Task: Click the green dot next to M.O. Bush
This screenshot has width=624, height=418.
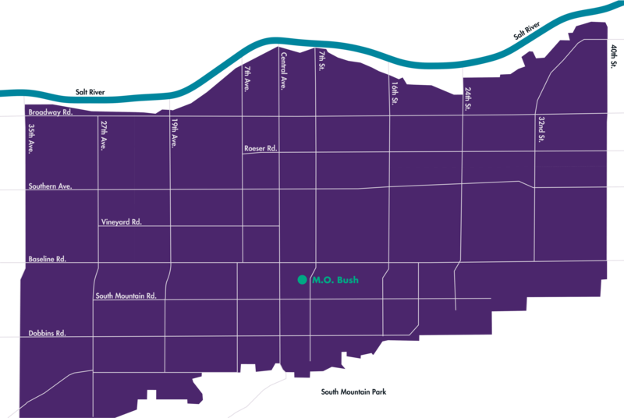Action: click(301, 280)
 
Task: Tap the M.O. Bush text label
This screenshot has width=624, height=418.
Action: click(335, 280)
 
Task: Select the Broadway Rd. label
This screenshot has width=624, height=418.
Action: click(50, 112)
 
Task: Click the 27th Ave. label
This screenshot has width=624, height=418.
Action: click(103, 134)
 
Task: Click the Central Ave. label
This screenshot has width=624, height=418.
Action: click(284, 70)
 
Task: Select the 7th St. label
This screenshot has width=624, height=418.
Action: click(321, 61)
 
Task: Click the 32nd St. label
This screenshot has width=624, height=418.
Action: click(541, 129)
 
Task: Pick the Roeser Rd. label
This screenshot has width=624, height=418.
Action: click(261, 148)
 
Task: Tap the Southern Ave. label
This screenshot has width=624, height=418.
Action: click(50, 186)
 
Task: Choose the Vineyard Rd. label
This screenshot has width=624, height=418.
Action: click(121, 222)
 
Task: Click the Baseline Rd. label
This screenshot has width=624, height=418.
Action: click(48, 258)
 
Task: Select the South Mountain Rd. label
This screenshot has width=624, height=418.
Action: click(126, 296)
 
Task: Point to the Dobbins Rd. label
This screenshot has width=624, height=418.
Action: click(47, 333)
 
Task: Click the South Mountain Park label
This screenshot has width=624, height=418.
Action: click(353, 392)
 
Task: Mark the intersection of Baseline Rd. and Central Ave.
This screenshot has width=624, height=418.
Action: click(279, 262)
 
